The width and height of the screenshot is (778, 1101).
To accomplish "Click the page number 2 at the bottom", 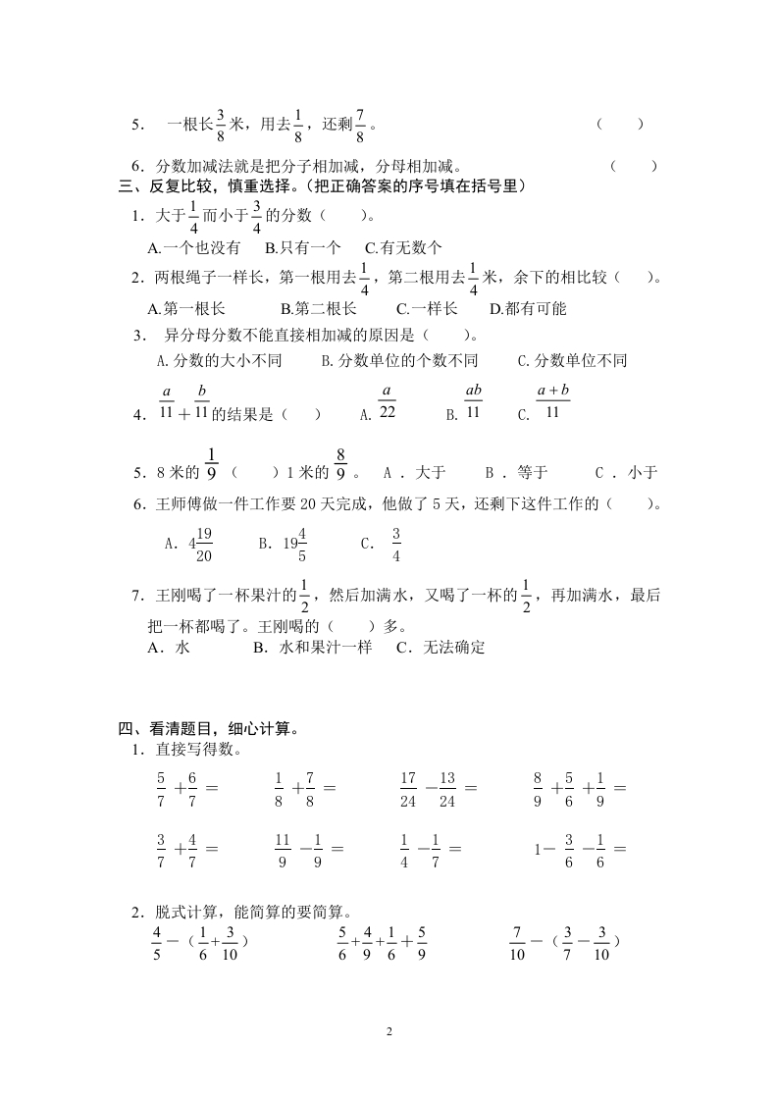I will point(389,1032).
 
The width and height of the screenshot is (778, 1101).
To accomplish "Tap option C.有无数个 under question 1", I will point(403,248).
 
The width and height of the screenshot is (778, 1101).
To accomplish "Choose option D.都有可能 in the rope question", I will point(528,308).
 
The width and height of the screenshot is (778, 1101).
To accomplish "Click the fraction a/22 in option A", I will point(387,402).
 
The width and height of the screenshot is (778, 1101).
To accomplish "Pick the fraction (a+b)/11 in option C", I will point(553,402).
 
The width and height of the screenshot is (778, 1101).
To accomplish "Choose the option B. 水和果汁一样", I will point(312,648).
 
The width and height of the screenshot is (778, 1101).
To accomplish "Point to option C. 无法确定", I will point(441,648).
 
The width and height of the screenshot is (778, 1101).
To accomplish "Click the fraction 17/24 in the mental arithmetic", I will point(408,789).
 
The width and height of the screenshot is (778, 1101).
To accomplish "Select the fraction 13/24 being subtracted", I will point(447,789).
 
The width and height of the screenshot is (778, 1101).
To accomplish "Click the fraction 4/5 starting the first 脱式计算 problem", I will point(156,942).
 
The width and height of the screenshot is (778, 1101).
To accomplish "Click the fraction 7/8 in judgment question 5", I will point(360,126).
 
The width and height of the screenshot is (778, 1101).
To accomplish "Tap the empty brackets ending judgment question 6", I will point(633,166).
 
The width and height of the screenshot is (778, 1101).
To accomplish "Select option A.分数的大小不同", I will point(220,361).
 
